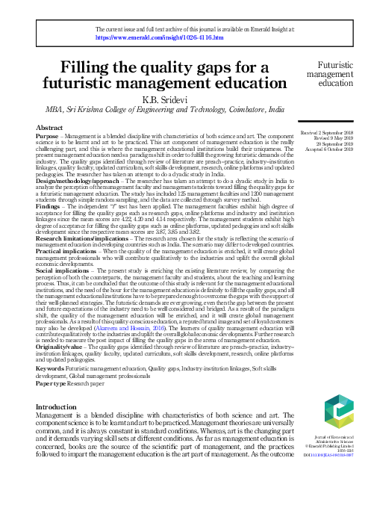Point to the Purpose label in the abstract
coord(49,137)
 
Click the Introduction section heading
coord(61,406)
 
